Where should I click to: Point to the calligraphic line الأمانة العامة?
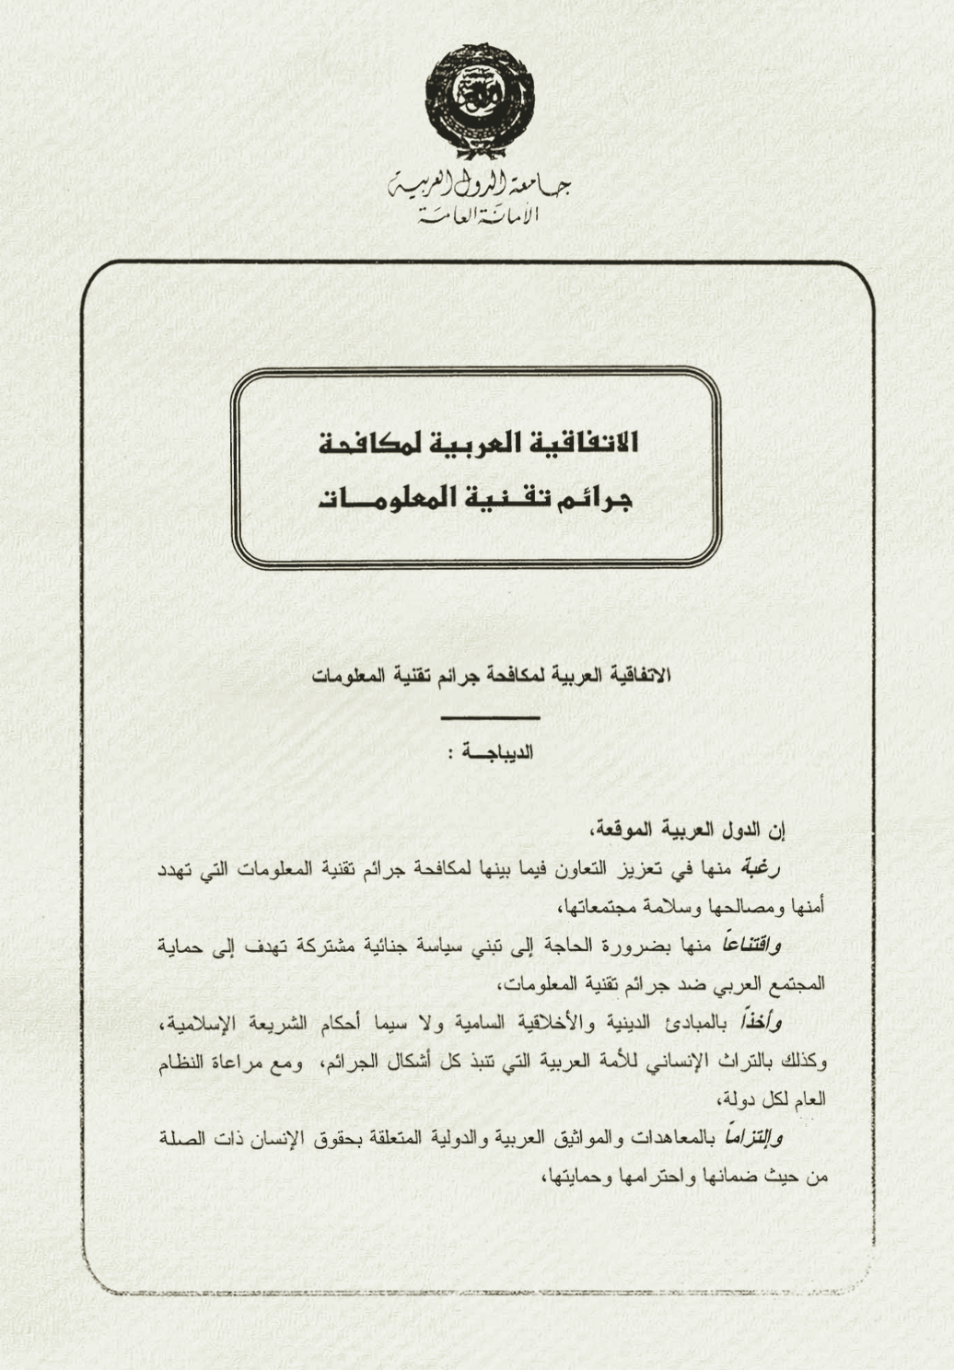pos(478,217)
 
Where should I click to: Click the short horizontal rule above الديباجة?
pos(490,716)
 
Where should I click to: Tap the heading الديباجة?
pos(499,752)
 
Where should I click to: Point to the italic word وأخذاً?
pos(762,1021)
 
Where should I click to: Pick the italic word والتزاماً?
pos(750,1138)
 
